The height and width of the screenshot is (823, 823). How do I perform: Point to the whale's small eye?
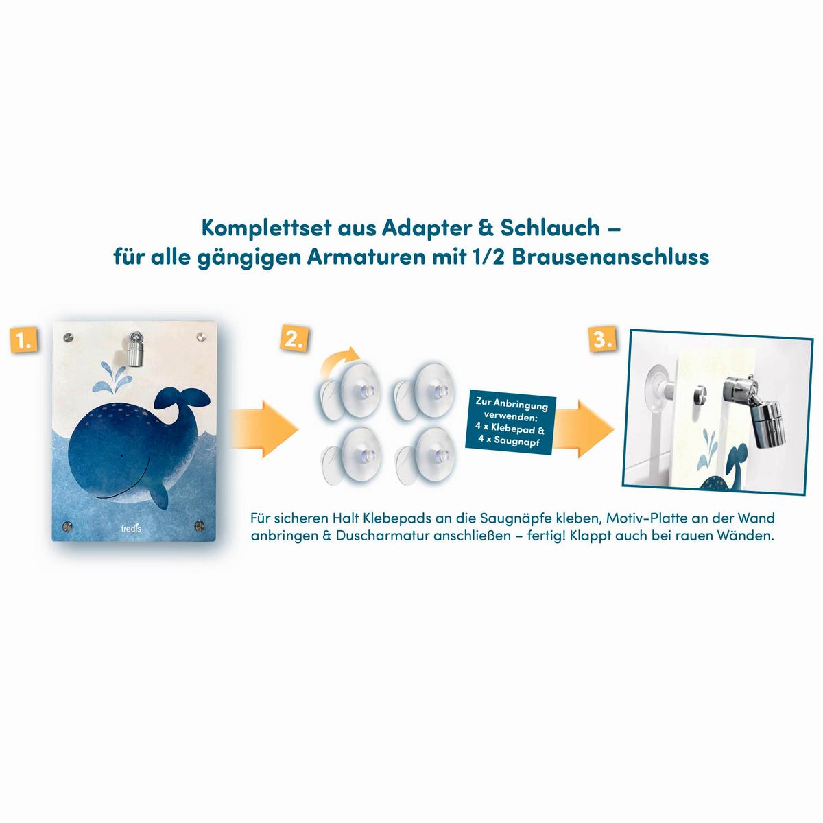121,456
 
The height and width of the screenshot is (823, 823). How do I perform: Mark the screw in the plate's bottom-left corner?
67,526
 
